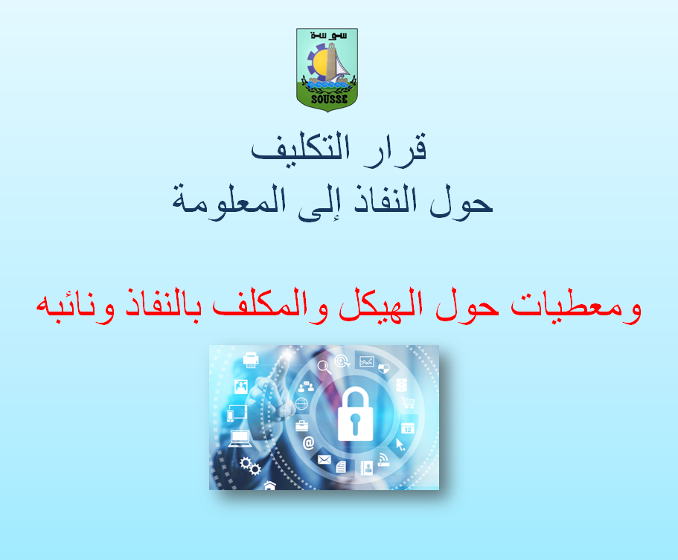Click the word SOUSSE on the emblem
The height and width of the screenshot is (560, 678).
coord(329,99)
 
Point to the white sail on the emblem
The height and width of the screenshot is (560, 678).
coord(342,68)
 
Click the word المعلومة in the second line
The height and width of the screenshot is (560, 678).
coord(228,202)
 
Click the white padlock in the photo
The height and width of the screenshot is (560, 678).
coord(355,414)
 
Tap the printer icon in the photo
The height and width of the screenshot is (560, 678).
coord(251,360)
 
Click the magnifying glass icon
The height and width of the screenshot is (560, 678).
coord(324,367)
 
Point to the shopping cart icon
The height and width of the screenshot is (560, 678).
coord(408,403)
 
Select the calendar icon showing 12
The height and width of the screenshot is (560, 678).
coord(407,428)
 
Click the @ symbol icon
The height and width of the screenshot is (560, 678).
coord(308,443)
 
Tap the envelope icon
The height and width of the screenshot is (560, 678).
coord(324,460)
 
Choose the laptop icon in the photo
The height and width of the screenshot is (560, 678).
coord(240,439)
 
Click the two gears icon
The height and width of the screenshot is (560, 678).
coord(250,466)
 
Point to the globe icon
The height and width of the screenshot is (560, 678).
coord(302,404)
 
